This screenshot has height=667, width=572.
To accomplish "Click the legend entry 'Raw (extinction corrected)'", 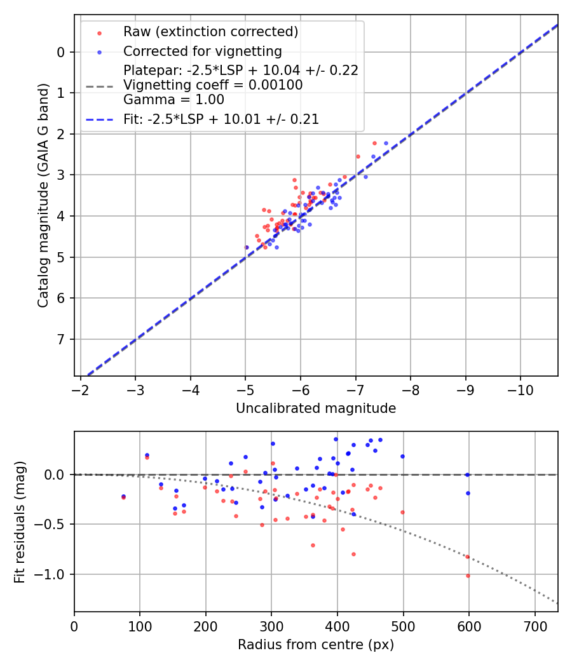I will click(210, 32).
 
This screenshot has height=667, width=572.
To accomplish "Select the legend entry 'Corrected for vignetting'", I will click(202, 51).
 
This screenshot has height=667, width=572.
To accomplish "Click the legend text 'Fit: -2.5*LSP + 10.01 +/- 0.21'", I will click(221, 119).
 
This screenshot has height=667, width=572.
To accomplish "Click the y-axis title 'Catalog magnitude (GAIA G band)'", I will click(43, 208).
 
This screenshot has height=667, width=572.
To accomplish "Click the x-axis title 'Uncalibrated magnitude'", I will click(316, 408).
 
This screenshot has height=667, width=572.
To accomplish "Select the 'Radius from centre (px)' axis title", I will click(316, 645).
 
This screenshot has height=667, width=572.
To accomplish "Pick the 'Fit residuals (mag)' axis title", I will click(20, 522).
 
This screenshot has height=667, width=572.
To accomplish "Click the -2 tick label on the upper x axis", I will click(81, 388).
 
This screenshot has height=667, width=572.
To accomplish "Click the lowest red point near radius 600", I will click(468, 576).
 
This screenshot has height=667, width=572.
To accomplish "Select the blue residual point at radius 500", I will click(402, 456).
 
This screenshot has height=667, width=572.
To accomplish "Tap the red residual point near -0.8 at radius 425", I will click(353, 554).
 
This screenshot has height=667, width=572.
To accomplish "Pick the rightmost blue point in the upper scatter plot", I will click(386, 143).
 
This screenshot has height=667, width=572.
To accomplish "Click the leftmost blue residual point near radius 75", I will click(123, 496).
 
